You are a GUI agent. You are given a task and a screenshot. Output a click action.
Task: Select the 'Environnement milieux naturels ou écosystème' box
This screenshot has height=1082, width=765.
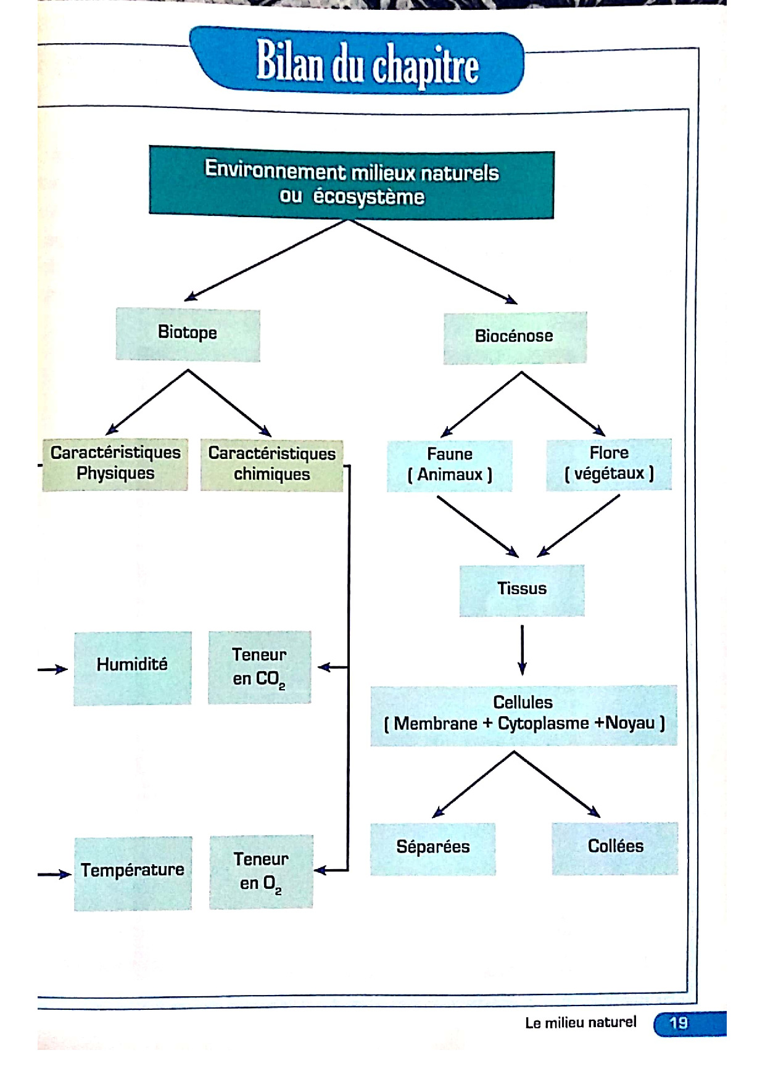pyautogui.click(x=351, y=183)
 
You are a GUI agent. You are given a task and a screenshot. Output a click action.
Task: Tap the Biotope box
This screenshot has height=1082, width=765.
pyautogui.click(x=188, y=334)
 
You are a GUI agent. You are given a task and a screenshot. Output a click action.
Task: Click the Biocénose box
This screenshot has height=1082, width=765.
pyautogui.click(x=515, y=337)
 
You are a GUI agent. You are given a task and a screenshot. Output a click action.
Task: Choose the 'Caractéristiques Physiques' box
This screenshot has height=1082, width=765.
pyautogui.click(x=115, y=465)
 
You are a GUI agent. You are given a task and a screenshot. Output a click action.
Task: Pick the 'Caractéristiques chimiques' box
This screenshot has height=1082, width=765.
pyautogui.click(x=271, y=465)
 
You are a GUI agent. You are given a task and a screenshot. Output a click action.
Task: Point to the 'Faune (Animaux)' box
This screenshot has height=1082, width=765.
pyautogui.click(x=450, y=465)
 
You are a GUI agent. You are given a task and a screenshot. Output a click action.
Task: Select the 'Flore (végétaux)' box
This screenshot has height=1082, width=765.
pyautogui.click(x=609, y=464)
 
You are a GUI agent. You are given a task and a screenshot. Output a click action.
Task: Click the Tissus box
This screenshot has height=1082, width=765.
pyautogui.click(x=522, y=590)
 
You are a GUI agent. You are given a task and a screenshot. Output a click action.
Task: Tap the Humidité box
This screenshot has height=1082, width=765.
pyautogui.click(x=132, y=667)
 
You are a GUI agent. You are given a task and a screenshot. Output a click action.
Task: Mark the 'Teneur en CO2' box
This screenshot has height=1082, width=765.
pyautogui.click(x=259, y=667)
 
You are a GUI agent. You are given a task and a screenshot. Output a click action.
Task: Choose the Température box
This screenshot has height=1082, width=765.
pyautogui.click(x=133, y=872)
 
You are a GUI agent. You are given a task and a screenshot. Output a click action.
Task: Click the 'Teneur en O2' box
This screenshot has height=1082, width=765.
pyautogui.click(x=261, y=872)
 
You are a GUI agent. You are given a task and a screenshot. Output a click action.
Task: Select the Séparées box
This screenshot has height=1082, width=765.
pyautogui.click(x=433, y=848)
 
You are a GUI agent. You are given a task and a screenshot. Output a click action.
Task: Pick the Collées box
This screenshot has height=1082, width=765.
pyautogui.click(x=615, y=848)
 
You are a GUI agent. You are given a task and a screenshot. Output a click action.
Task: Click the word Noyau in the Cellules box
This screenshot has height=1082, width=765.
pyautogui.click(x=631, y=723)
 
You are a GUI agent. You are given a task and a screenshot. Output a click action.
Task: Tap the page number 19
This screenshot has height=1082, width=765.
pyautogui.click(x=679, y=1023)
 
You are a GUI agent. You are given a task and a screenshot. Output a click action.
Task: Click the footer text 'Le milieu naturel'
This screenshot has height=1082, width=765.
pyautogui.click(x=581, y=1023)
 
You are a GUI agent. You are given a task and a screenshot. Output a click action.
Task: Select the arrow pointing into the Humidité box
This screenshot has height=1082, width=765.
pyautogui.click(x=53, y=669)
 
